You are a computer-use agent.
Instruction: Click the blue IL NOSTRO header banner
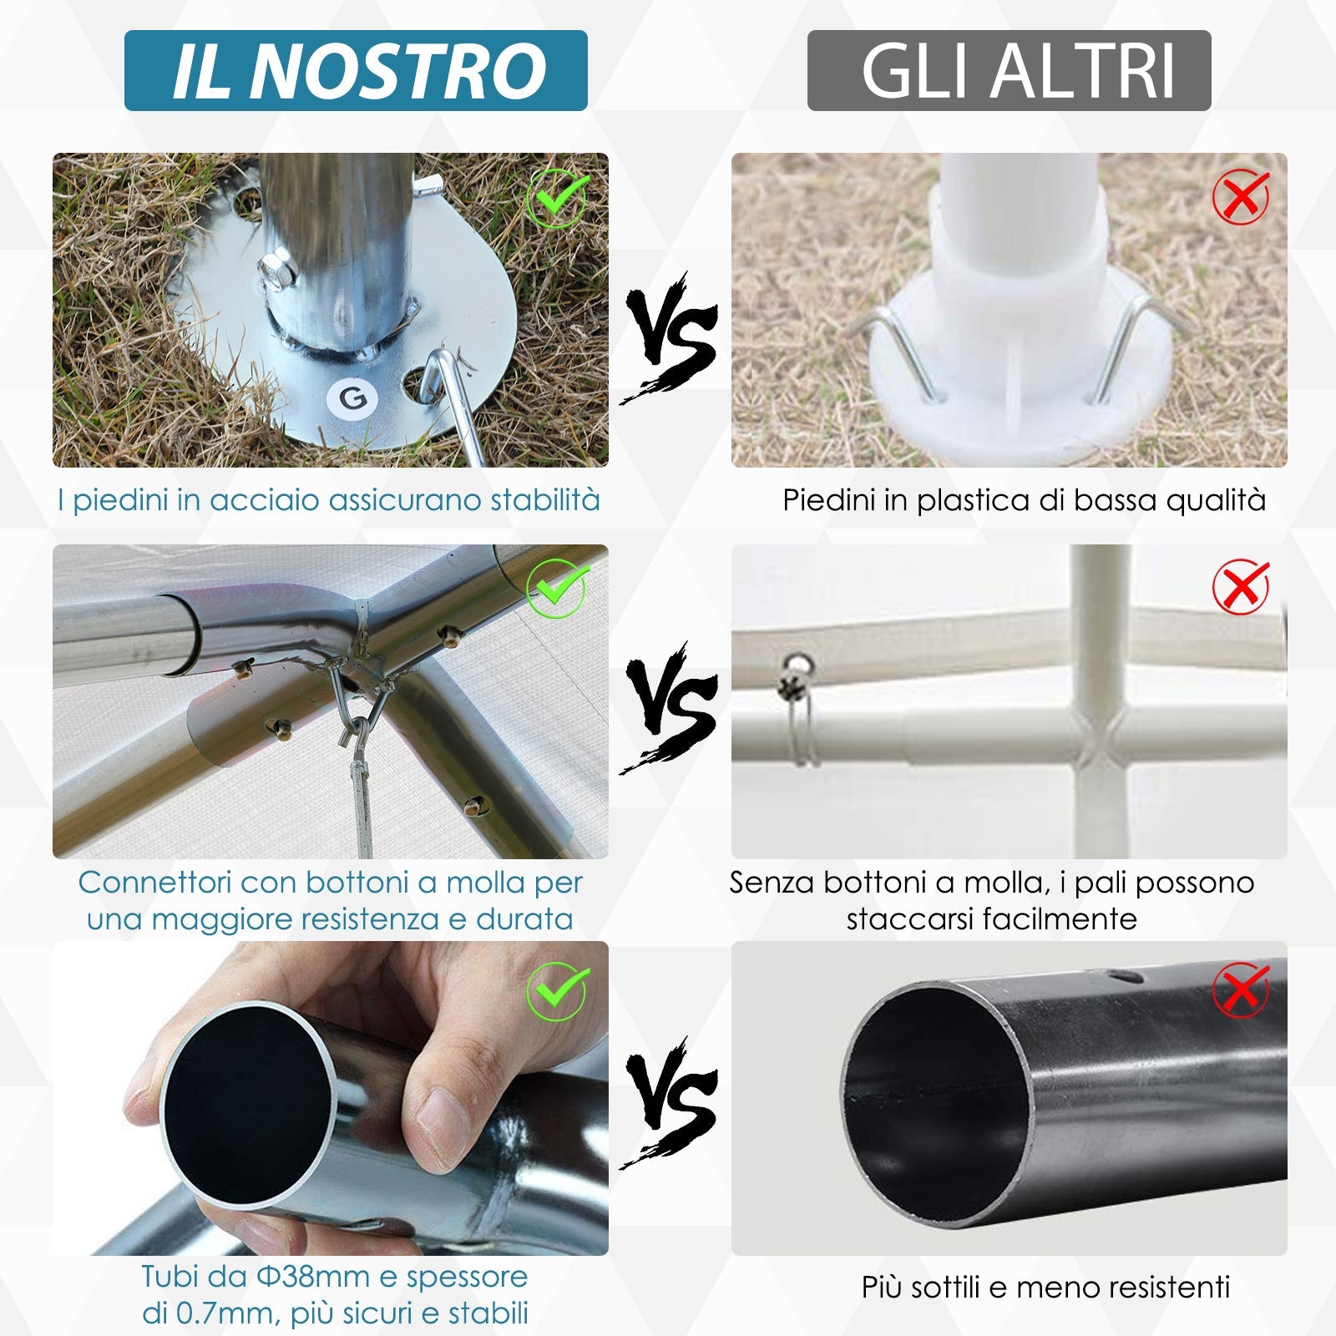(x=356, y=71)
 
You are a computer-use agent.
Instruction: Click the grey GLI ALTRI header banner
(x=1009, y=71)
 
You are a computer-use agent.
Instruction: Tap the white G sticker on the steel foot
(x=352, y=397)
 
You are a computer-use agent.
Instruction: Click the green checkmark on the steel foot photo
(x=558, y=197)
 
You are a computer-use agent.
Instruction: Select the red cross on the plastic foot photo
(x=1241, y=197)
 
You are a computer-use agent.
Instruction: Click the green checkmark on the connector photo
(x=558, y=588)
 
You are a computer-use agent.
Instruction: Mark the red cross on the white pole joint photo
(x=1241, y=586)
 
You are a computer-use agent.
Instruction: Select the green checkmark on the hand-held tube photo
(x=558, y=990)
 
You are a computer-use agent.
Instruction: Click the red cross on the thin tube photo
(x=1241, y=990)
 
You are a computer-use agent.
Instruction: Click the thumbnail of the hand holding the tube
(x=330, y=1098)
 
